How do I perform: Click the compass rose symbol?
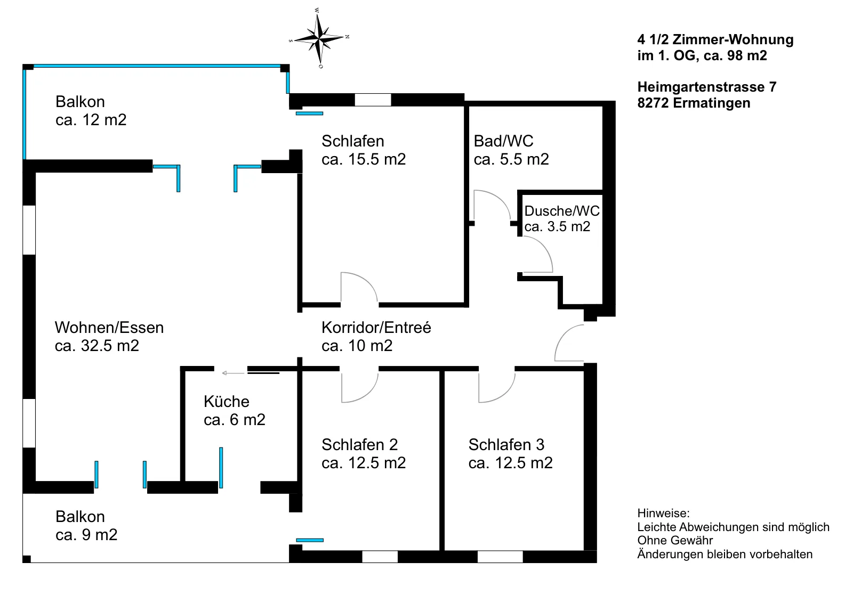319,38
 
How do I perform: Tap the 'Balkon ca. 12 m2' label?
91,111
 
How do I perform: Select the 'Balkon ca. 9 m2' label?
86,526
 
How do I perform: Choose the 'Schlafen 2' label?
359,445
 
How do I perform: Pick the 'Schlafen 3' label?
506,445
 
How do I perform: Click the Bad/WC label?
503,141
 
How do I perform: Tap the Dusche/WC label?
562,211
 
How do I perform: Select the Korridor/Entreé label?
376,328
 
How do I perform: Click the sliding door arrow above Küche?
233,373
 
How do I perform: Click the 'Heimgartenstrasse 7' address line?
707,87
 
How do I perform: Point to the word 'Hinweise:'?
663,513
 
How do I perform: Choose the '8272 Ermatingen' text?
694,103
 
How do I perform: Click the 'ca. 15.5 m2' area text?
363,159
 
